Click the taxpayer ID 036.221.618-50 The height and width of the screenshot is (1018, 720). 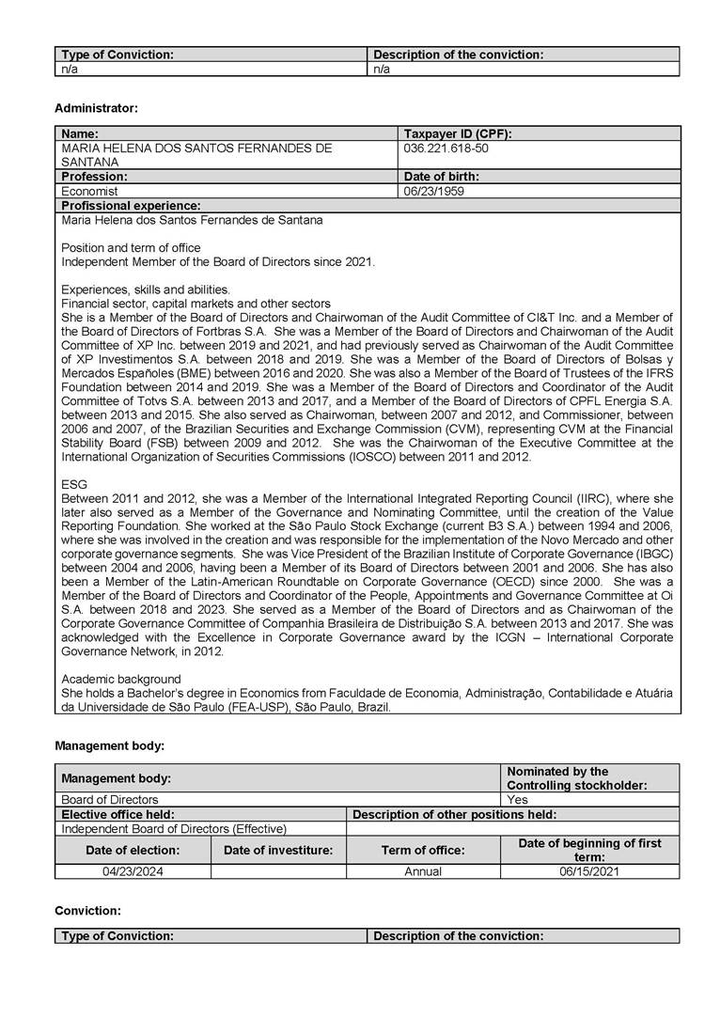click(446, 149)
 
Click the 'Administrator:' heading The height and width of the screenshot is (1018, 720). click(96, 108)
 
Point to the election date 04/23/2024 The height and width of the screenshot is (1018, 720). click(133, 871)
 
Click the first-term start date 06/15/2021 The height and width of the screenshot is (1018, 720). click(589, 871)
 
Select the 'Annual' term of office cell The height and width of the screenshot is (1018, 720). click(423, 871)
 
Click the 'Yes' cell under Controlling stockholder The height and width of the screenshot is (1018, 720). click(517, 800)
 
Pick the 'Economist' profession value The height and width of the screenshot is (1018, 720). click(89, 191)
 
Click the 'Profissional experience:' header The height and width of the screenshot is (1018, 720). click(130, 205)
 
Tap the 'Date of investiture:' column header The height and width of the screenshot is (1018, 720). click(278, 850)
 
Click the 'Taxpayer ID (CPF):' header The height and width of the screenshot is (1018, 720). click(458, 133)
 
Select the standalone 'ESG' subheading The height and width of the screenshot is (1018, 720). click(73, 484)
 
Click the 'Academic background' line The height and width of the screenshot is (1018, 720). click(120, 679)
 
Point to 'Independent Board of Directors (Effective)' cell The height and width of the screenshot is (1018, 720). click(174, 828)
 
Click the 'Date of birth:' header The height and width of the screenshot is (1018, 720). click(441, 176)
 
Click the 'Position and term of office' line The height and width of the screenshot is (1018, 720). click(131, 248)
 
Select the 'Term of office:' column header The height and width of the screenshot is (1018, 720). click(423, 850)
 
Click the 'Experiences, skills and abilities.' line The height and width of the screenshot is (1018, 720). click(146, 290)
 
